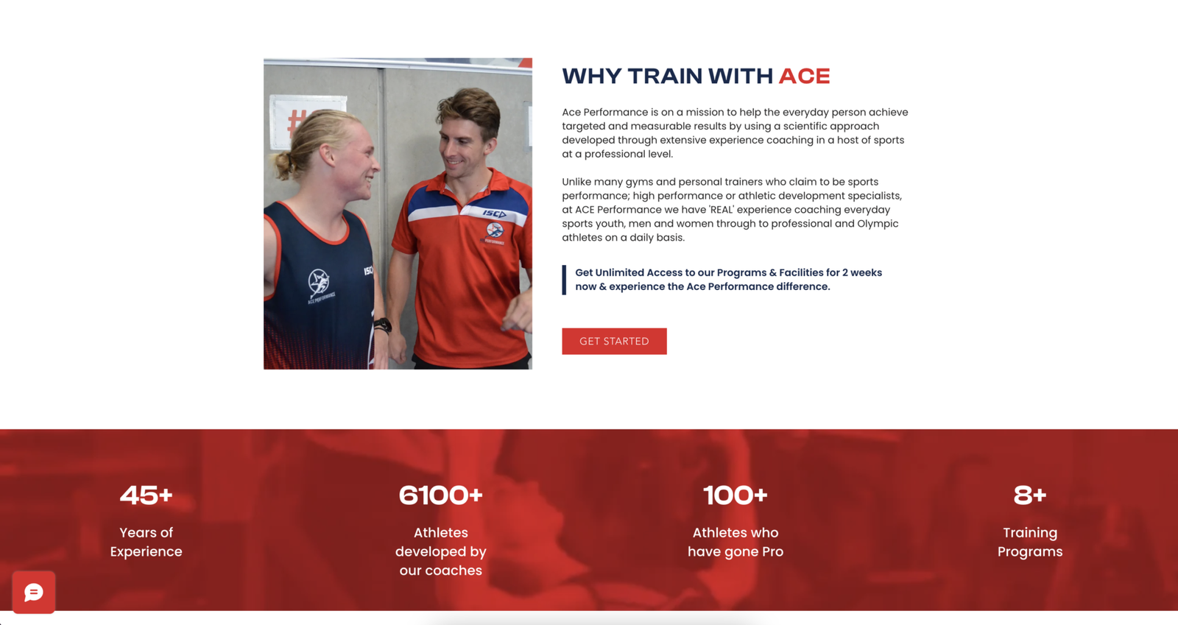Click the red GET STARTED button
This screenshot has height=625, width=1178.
coord(614,341)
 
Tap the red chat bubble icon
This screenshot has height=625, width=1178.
coord(34,593)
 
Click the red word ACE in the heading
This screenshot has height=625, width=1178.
coord(804,77)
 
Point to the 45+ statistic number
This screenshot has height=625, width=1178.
coord(147,495)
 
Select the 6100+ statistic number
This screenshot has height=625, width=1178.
coord(441,495)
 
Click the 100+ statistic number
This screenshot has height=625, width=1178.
coord(736,495)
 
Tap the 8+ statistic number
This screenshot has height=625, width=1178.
coord(1030,495)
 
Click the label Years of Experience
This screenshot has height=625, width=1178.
coord(147,542)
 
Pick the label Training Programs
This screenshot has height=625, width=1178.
coord(1030,542)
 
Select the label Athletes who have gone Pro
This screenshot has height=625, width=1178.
coord(736,542)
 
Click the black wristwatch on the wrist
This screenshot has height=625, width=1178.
coord(383,325)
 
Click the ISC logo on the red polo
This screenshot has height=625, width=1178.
coord(494,213)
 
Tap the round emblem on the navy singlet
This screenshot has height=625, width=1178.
coord(319,282)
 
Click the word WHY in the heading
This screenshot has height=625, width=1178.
coord(592,77)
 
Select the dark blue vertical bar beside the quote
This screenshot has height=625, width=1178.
coord(564,280)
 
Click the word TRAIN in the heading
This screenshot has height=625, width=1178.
coord(666,77)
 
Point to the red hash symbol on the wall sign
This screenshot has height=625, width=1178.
coord(296,122)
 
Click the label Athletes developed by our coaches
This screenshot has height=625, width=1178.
coord(441,551)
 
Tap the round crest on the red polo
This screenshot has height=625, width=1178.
coord(494,230)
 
